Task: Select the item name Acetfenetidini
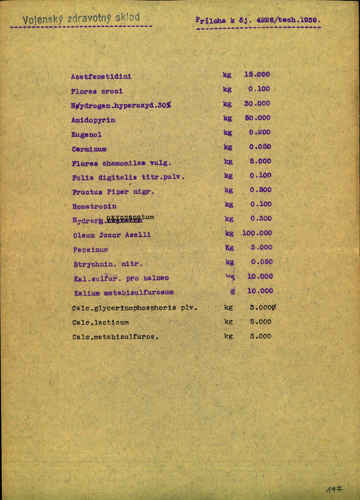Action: (101, 77)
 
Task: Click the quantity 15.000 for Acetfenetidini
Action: (257, 74)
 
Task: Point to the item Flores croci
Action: (97, 91)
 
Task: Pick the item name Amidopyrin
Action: (93, 120)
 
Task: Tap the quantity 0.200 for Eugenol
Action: (260, 132)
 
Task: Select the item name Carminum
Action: (89, 149)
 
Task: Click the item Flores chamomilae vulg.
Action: (121, 163)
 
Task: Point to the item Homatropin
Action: (94, 206)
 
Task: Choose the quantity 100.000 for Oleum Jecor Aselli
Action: (257, 233)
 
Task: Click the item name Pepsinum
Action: (91, 249)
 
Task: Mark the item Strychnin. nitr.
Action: (107, 264)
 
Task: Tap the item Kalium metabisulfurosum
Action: (124, 292)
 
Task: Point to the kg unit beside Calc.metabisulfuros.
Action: (228, 336)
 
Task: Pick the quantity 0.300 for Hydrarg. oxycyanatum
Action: (260, 218)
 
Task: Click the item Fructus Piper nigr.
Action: (113, 192)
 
